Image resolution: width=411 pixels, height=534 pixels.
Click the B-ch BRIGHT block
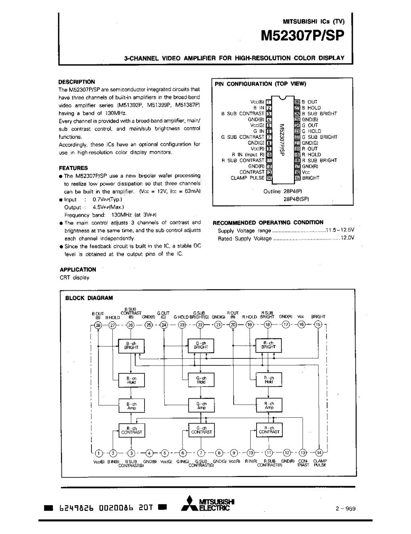point(131,345)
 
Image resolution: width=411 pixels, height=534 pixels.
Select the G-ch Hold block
point(201,380)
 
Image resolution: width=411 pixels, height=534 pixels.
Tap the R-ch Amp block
point(269,405)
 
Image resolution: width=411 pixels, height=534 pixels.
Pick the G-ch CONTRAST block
point(201,430)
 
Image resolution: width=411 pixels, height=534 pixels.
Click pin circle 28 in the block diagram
point(98,325)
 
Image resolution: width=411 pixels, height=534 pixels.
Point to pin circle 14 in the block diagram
point(320,453)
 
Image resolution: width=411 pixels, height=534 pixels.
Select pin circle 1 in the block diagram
point(99,453)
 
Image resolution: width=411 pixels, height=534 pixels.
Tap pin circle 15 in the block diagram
point(318,325)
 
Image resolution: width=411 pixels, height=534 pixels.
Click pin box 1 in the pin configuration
point(269,102)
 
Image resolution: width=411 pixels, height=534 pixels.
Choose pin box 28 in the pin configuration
point(297,102)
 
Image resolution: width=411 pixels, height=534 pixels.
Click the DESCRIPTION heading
point(77,82)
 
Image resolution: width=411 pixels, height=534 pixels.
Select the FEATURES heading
point(73,168)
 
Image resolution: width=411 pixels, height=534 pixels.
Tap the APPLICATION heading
point(78,269)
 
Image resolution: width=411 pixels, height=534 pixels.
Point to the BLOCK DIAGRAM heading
point(89,298)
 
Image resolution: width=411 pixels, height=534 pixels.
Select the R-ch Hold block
point(269,380)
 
